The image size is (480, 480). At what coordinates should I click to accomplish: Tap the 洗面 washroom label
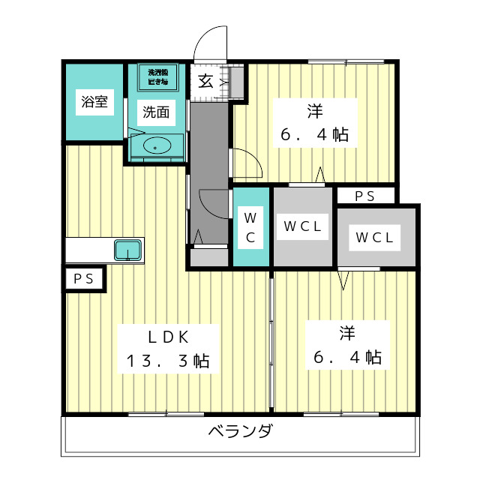tap(156, 112)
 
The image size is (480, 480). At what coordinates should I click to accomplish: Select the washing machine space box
tap(157, 77)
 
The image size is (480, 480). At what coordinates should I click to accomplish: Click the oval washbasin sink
tap(156, 146)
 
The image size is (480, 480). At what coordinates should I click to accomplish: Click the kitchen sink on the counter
tap(128, 250)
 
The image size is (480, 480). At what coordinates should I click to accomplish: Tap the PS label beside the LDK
tap(84, 279)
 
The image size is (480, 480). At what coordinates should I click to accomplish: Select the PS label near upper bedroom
tap(364, 196)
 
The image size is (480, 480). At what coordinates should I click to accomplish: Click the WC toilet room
tap(250, 228)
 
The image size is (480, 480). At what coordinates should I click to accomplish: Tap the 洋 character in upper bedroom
tap(314, 112)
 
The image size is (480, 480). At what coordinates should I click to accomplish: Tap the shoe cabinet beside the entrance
tap(237, 82)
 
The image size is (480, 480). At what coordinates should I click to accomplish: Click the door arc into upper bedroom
tap(246, 163)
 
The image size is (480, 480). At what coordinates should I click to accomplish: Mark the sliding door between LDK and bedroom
tap(271, 341)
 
